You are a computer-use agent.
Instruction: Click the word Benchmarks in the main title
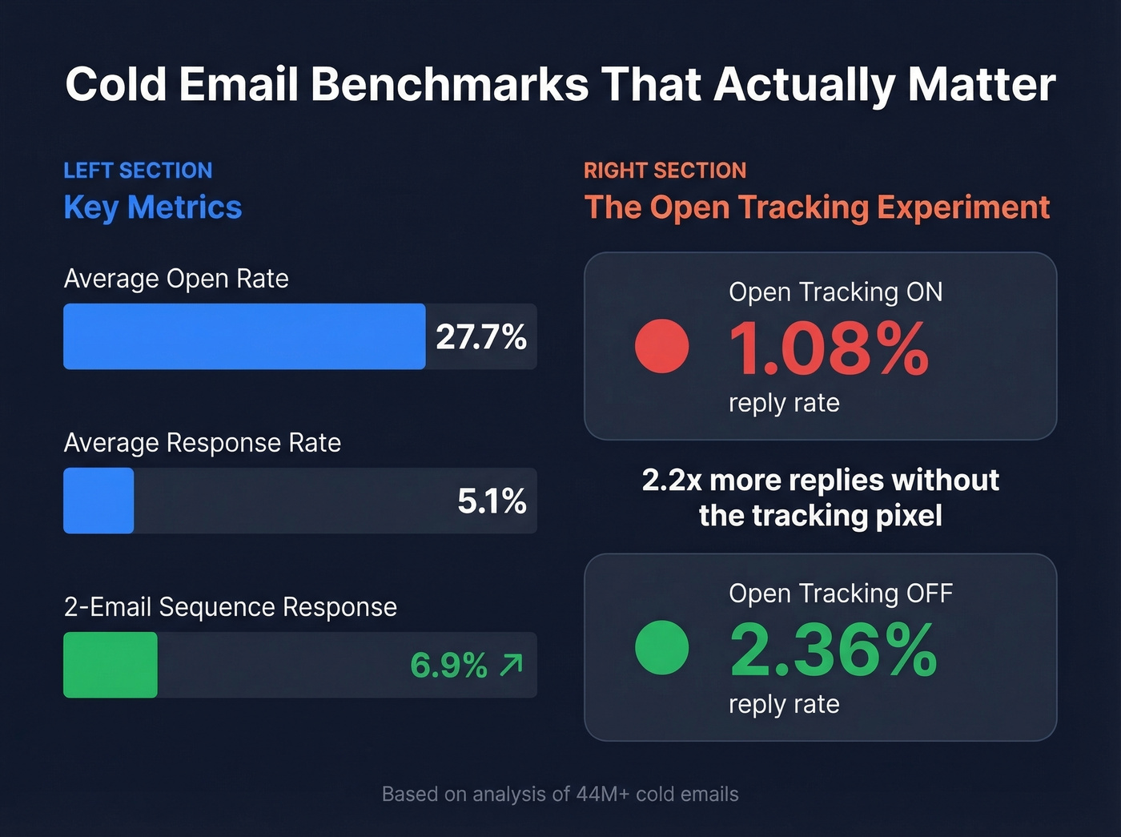pyautogui.click(x=449, y=84)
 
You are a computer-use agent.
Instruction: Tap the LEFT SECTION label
pyautogui.click(x=138, y=171)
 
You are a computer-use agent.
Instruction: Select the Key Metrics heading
pyautogui.click(x=152, y=207)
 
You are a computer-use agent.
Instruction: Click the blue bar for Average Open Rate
pyautogui.click(x=244, y=336)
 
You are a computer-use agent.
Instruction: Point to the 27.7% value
pyautogui.click(x=480, y=337)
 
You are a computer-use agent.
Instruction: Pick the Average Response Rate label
pyautogui.click(x=202, y=443)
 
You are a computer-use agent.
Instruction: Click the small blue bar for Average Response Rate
pyautogui.click(x=98, y=501)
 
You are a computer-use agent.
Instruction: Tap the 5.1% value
pyautogui.click(x=492, y=501)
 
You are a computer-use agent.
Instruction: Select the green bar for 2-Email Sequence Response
pyautogui.click(x=110, y=665)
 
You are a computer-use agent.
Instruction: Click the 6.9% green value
pyautogui.click(x=448, y=666)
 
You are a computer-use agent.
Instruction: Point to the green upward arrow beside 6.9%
pyautogui.click(x=512, y=665)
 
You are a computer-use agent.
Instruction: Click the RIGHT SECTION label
pyautogui.click(x=665, y=171)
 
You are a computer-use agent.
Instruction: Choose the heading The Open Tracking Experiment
pyautogui.click(x=817, y=207)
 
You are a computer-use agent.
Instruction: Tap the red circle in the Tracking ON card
pyautogui.click(x=661, y=346)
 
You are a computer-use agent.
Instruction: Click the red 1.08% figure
pyautogui.click(x=828, y=348)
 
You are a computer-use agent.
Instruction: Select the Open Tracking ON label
pyautogui.click(x=835, y=292)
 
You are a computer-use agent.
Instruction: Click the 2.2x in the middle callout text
pyautogui.click(x=671, y=481)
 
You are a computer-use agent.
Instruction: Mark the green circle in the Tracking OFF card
pyautogui.click(x=661, y=647)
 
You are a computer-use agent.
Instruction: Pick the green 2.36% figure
pyautogui.click(x=833, y=650)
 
